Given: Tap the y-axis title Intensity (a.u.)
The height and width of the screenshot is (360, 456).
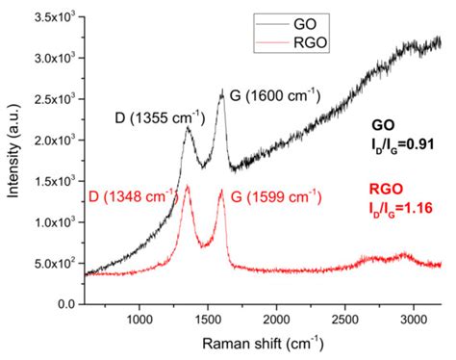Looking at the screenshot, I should [x=13, y=160].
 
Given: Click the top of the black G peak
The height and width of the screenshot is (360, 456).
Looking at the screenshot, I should [x=222, y=90].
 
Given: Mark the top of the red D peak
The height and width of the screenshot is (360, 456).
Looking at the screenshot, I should [x=187, y=186].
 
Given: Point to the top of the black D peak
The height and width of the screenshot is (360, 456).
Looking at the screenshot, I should [x=189, y=128].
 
